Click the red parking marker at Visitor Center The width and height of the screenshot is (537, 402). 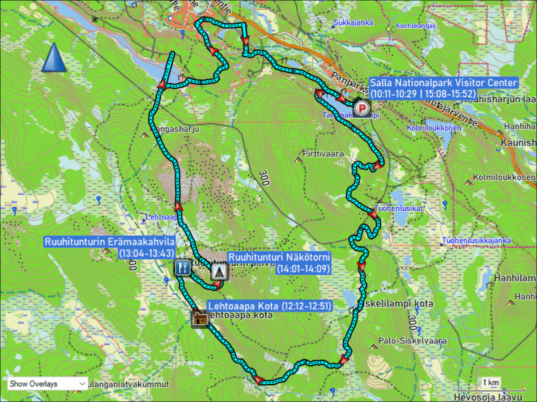pyautogui.click(x=362, y=108)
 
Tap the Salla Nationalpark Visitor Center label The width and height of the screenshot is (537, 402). pyautogui.click(x=443, y=88)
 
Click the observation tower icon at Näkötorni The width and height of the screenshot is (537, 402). pyautogui.click(x=219, y=272)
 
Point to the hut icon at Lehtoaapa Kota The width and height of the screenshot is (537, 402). pyautogui.click(x=200, y=318)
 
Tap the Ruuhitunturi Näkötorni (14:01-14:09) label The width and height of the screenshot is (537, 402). pyautogui.click(x=279, y=263)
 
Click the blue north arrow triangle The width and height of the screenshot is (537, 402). pyautogui.click(x=54, y=58)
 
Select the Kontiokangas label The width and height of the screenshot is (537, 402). pyautogui.click(x=416, y=26)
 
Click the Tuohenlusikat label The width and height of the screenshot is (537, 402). pyautogui.click(x=399, y=209)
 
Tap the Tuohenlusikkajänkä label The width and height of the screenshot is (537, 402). pyautogui.click(x=477, y=241)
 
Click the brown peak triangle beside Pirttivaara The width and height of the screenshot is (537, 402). pyautogui.click(x=298, y=159)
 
